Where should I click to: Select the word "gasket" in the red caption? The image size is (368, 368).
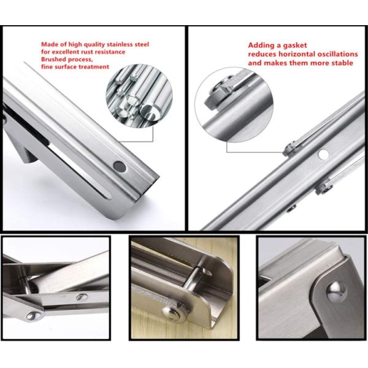(295, 45)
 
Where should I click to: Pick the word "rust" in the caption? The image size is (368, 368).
(86, 52)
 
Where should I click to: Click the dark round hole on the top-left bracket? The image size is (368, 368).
(120, 166)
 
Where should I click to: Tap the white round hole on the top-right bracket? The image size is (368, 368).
(323, 154)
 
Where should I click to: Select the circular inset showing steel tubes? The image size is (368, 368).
(139, 96)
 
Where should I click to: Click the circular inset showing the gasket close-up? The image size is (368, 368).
(234, 105)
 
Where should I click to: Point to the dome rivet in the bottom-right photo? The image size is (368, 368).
(336, 291)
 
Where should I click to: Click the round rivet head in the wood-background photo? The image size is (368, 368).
(171, 313)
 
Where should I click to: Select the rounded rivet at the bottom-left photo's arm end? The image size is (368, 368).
(34, 316)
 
